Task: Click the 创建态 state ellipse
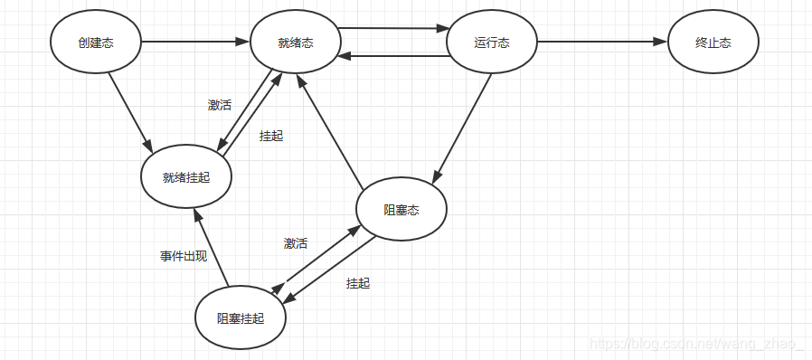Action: pos(96,42)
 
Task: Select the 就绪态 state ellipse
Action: pos(296,43)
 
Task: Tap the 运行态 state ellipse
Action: pos(493,42)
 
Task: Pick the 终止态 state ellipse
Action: pos(713,42)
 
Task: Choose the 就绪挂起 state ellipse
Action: pos(186,177)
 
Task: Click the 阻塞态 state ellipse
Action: pos(401,209)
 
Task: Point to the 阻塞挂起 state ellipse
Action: pos(241,317)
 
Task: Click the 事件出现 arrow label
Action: pos(184,256)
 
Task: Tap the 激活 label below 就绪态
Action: pos(220,105)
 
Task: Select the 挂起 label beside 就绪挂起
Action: pos(270,136)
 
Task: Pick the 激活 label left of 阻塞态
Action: pos(296,243)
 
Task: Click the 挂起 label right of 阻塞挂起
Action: pos(358,283)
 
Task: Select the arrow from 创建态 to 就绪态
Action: pos(194,42)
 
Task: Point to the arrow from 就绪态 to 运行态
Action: pos(394,28)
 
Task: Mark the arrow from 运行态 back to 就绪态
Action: pos(394,56)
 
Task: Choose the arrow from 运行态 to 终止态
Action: pos(600,42)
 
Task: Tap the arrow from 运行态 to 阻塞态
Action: pos(464,128)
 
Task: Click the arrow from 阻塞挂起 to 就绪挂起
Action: pos(210,244)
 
